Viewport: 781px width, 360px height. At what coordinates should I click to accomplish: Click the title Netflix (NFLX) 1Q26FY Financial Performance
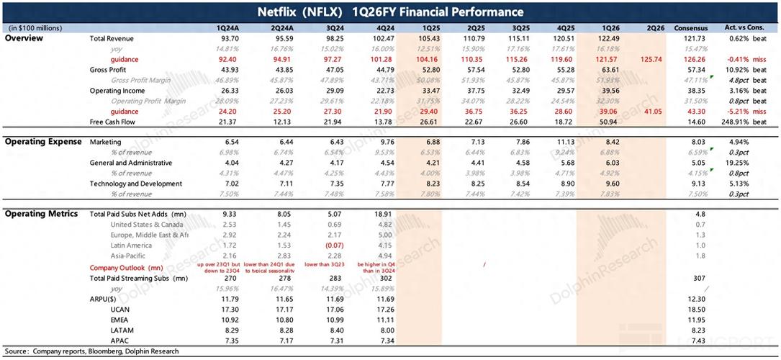[390, 12]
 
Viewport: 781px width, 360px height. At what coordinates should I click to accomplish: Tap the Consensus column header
[691, 28]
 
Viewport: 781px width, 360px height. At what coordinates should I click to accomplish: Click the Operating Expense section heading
[43, 142]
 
